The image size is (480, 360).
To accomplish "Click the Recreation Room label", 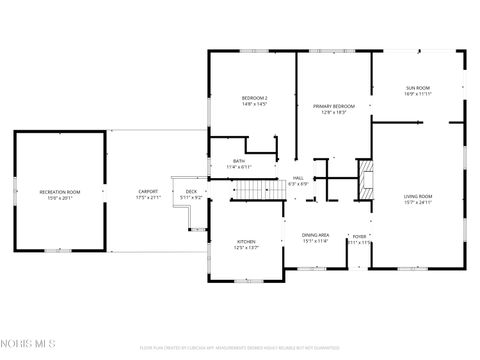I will tap(60, 191).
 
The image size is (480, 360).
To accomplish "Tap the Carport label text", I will tap(148, 191).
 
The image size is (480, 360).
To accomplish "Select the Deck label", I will tap(191, 191).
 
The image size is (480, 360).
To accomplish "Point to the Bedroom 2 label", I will tap(254, 97).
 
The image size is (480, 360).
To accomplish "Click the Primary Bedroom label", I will tap(334, 106).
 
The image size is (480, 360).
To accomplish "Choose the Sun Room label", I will tap(418, 87).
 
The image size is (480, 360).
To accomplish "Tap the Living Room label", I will tap(418, 195).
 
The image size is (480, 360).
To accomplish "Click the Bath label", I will tap(239, 160).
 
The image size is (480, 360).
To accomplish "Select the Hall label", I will tap(298, 178).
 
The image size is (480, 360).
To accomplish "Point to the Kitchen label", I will tap(246, 241).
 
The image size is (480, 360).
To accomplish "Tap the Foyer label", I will tap(359, 237).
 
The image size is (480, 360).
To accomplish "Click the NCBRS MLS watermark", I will tap(30, 344).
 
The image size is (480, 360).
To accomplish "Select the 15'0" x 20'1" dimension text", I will tap(60, 198).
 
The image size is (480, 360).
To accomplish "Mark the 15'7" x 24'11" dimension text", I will tap(418, 202).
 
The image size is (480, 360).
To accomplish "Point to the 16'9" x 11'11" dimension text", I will tap(418, 94).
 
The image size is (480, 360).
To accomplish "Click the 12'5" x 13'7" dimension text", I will tap(246, 248).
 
